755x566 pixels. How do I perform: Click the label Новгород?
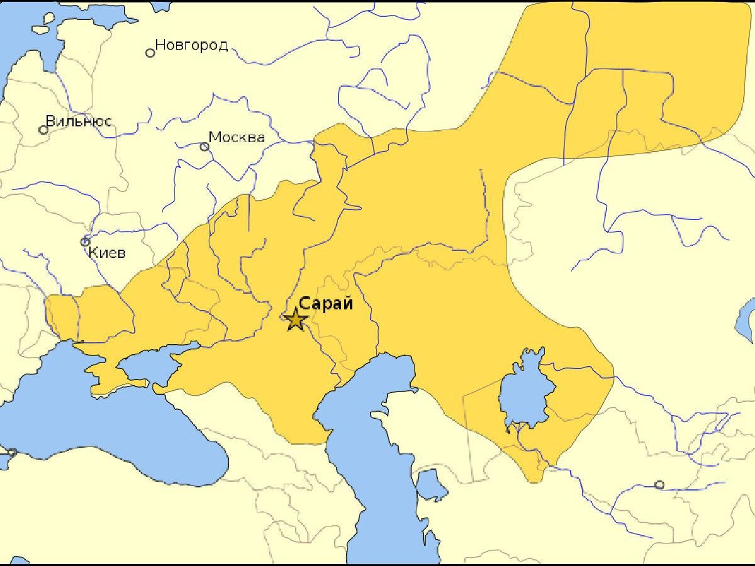click(x=191, y=45)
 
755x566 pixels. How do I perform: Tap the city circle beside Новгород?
click(x=150, y=53)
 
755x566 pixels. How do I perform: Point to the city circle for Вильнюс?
click(x=43, y=130)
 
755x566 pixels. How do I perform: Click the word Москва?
click(x=237, y=137)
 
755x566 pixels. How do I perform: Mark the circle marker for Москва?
click(x=204, y=147)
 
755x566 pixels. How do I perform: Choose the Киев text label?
click(x=107, y=253)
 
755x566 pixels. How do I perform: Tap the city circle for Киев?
click(x=86, y=241)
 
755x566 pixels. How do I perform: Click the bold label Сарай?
click(x=326, y=304)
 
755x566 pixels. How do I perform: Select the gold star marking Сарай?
click(x=295, y=320)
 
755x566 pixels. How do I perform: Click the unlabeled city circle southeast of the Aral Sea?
click(x=659, y=485)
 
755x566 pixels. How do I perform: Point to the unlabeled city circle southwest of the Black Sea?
click(x=11, y=452)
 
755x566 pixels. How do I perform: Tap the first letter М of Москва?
click(x=215, y=137)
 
